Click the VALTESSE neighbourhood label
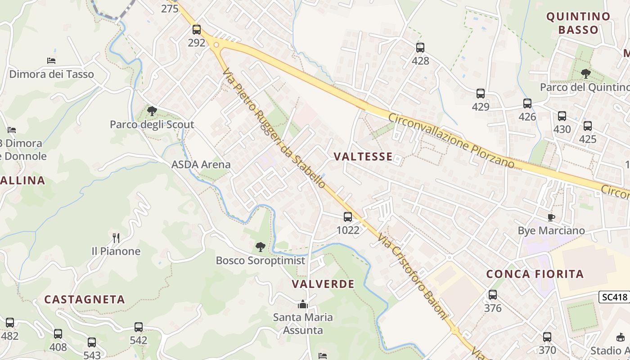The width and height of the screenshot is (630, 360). point(363,156)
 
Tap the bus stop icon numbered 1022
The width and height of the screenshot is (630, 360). point(348,217)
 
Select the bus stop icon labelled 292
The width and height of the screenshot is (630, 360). point(197,30)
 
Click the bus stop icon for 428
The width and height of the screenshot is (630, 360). point(420,47)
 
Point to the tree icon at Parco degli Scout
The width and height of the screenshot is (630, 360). point(152,111)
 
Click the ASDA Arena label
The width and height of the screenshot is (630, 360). point(201,164)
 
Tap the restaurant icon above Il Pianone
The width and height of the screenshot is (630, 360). point(116,238)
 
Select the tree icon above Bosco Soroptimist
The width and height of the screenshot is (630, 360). point(260,247)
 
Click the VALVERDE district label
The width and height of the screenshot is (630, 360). point(323,284)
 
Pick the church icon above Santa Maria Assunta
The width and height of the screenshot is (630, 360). point(303,304)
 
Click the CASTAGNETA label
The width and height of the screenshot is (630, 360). point(84,299)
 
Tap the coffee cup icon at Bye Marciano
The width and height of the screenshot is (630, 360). point(551,217)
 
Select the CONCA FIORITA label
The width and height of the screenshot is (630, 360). point(535,274)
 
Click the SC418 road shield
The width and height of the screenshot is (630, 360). point(613,297)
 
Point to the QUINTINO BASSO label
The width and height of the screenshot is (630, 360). point(578,23)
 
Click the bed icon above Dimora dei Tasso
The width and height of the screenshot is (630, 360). point(51,60)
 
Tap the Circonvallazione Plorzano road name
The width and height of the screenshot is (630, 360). point(451,140)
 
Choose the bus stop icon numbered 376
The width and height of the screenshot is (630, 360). point(493,295)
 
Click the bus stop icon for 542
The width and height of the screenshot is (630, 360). point(139,327)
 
